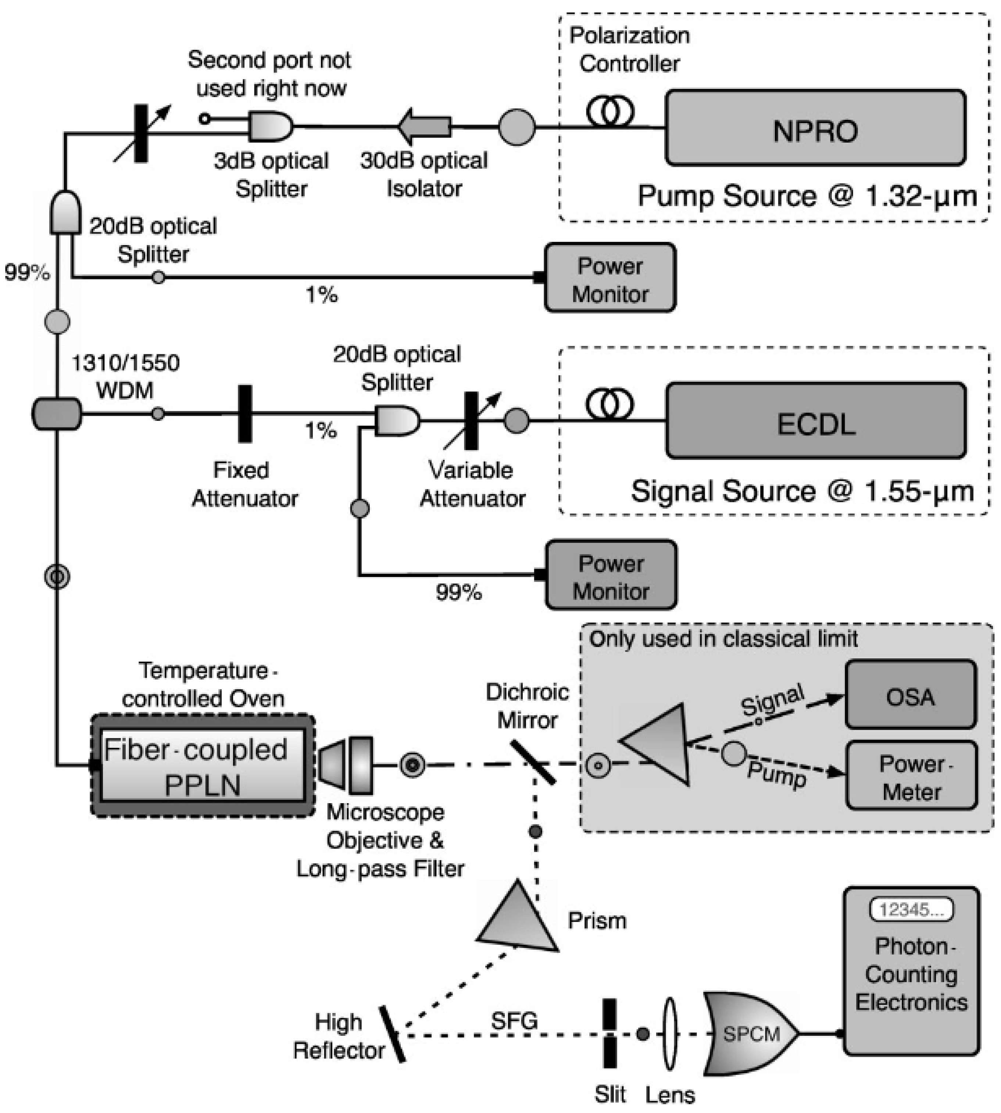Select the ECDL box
click(x=816, y=420)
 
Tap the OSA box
click(x=910, y=695)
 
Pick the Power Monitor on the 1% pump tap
click(x=610, y=278)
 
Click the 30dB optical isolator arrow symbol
click(x=425, y=126)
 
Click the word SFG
click(x=514, y=1021)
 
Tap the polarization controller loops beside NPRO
click(x=609, y=111)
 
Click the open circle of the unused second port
click(x=205, y=118)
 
